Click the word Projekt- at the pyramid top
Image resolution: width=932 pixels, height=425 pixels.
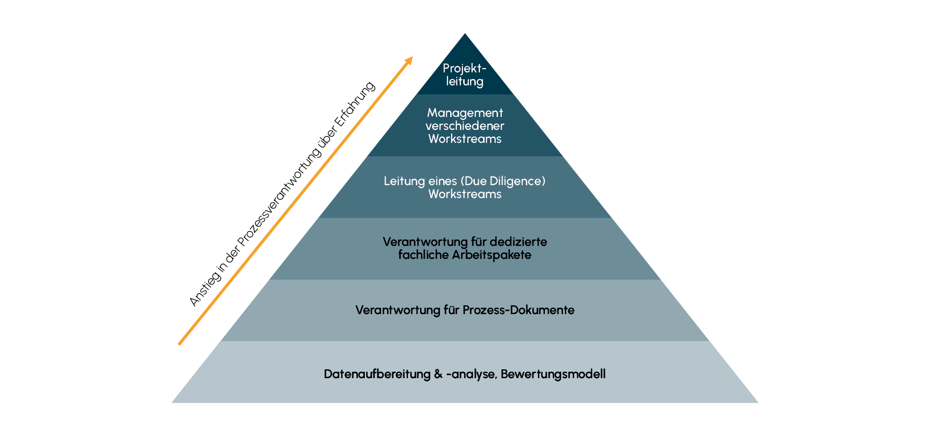[x=465, y=69]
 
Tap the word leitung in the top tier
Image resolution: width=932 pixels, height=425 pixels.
[x=465, y=82]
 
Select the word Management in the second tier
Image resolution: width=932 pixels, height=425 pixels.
[x=465, y=113]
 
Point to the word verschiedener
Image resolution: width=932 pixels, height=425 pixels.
[x=465, y=126]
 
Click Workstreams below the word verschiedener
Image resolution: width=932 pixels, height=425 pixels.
[x=465, y=139]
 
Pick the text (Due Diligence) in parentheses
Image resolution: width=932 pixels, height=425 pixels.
[x=503, y=181]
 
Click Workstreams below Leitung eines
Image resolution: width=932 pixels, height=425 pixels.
[x=465, y=194]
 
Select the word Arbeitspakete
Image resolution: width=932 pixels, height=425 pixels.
[x=492, y=255]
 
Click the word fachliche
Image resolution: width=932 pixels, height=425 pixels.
[x=423, y=255]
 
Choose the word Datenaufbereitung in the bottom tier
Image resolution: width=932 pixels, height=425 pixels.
[x=377, y=374]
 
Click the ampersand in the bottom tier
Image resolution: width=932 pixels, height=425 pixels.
[x=439, y=374]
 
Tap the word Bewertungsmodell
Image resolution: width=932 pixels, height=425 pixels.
[x=553, y=374]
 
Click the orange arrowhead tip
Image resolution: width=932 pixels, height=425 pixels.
[x=413, y=57]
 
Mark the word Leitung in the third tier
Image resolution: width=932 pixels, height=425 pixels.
[x=401, y=181]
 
